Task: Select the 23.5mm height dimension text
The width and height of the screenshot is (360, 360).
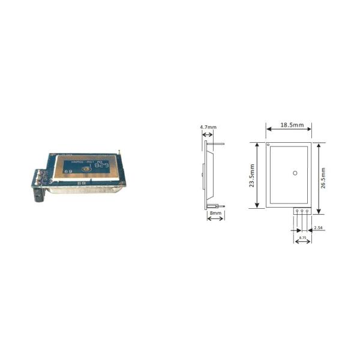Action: point(253,177)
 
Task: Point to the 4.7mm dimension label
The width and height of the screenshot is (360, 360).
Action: point(208,127)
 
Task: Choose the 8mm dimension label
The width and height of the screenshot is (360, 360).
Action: point(215,212)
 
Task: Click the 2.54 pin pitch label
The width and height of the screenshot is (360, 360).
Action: point(319,229)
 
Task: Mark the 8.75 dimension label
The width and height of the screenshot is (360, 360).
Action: point(302,239)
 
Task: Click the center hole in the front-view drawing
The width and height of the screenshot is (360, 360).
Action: point(295,173)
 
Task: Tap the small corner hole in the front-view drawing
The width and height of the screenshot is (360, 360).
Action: point(268,145)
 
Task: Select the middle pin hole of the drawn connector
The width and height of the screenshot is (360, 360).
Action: point(302,211)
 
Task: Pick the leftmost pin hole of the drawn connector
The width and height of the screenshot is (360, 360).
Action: point(296,211)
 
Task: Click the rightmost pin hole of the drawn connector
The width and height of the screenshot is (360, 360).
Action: point(307,211)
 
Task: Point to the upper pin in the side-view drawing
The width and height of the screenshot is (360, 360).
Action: point(217,143)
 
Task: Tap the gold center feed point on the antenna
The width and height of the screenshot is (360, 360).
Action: point(87,170)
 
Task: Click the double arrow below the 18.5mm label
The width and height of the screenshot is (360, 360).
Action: point(289,133)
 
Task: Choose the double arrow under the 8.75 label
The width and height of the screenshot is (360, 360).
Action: point(302,233)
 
